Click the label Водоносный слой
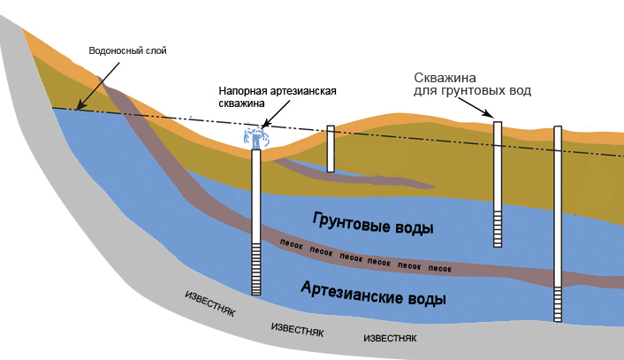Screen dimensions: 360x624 [x=127, y=50]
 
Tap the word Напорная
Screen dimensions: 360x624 [x=241, y=90]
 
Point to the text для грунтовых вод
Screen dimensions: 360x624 [x=473, y=90]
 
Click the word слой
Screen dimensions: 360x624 [x=153, y=50]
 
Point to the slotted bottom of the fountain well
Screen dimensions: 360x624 [x=256, y=270]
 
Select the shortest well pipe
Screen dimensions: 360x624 [x=331, y=149]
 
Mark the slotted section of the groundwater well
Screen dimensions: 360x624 [x=498, y=229]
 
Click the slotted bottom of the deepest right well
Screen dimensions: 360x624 [x=558, y=304]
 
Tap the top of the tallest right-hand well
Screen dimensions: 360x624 [x=558, y=130]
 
